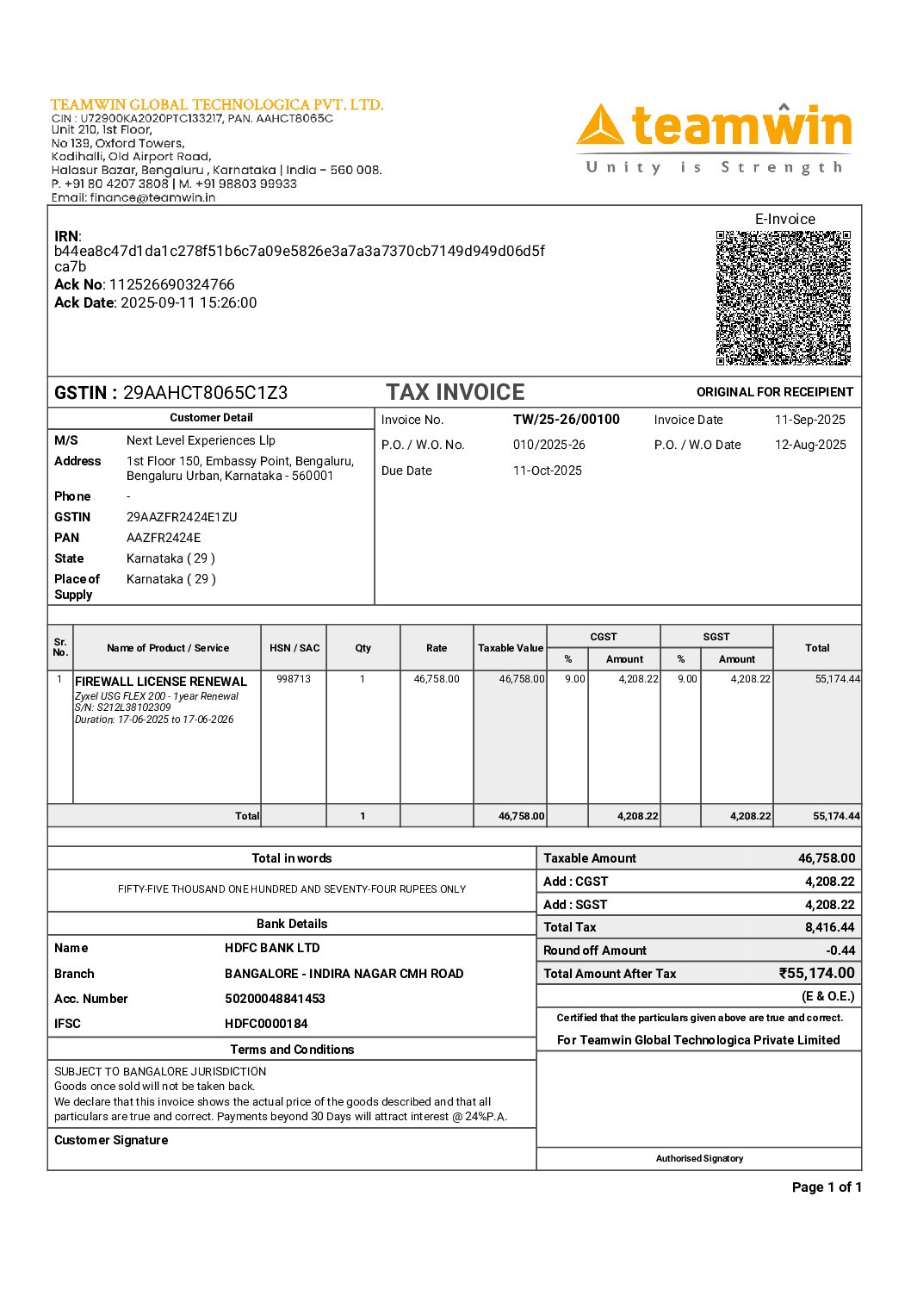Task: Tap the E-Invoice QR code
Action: pyautogui.click(x=783, y=297)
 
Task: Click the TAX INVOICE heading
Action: pyautogui.click(x=455, y=392)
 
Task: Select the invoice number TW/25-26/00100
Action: pyautogui.click(x=566, y=420)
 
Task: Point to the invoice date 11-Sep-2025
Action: pyautogui.click(x=809, y=420)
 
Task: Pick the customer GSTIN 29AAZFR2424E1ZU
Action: pyautogui.click(x=182, y=517)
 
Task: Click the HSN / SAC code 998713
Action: pyautogui.click(x=294, y=679)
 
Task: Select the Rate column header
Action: pyautogui.click(x=437, y=648)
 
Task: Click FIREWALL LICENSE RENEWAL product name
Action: pyautogui.click(x=161, y=681)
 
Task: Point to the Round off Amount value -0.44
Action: pyautogui.click(x=840, y=950)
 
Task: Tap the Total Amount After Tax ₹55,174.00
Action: pyautogui.click(x=816, y=973)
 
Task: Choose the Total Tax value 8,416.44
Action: pyautogui.click(x=829, y=927)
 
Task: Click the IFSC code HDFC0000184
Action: pyautogui.click(x=266, y=1024)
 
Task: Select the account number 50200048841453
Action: pyautogui.click(x=275, y=999)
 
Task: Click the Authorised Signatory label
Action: pyautogui.click(x=699, y=1158)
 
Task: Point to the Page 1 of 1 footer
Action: pyautogui.click(x=826, y=1187)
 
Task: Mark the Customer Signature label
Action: pyautogui.click(x=111, y=1140)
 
